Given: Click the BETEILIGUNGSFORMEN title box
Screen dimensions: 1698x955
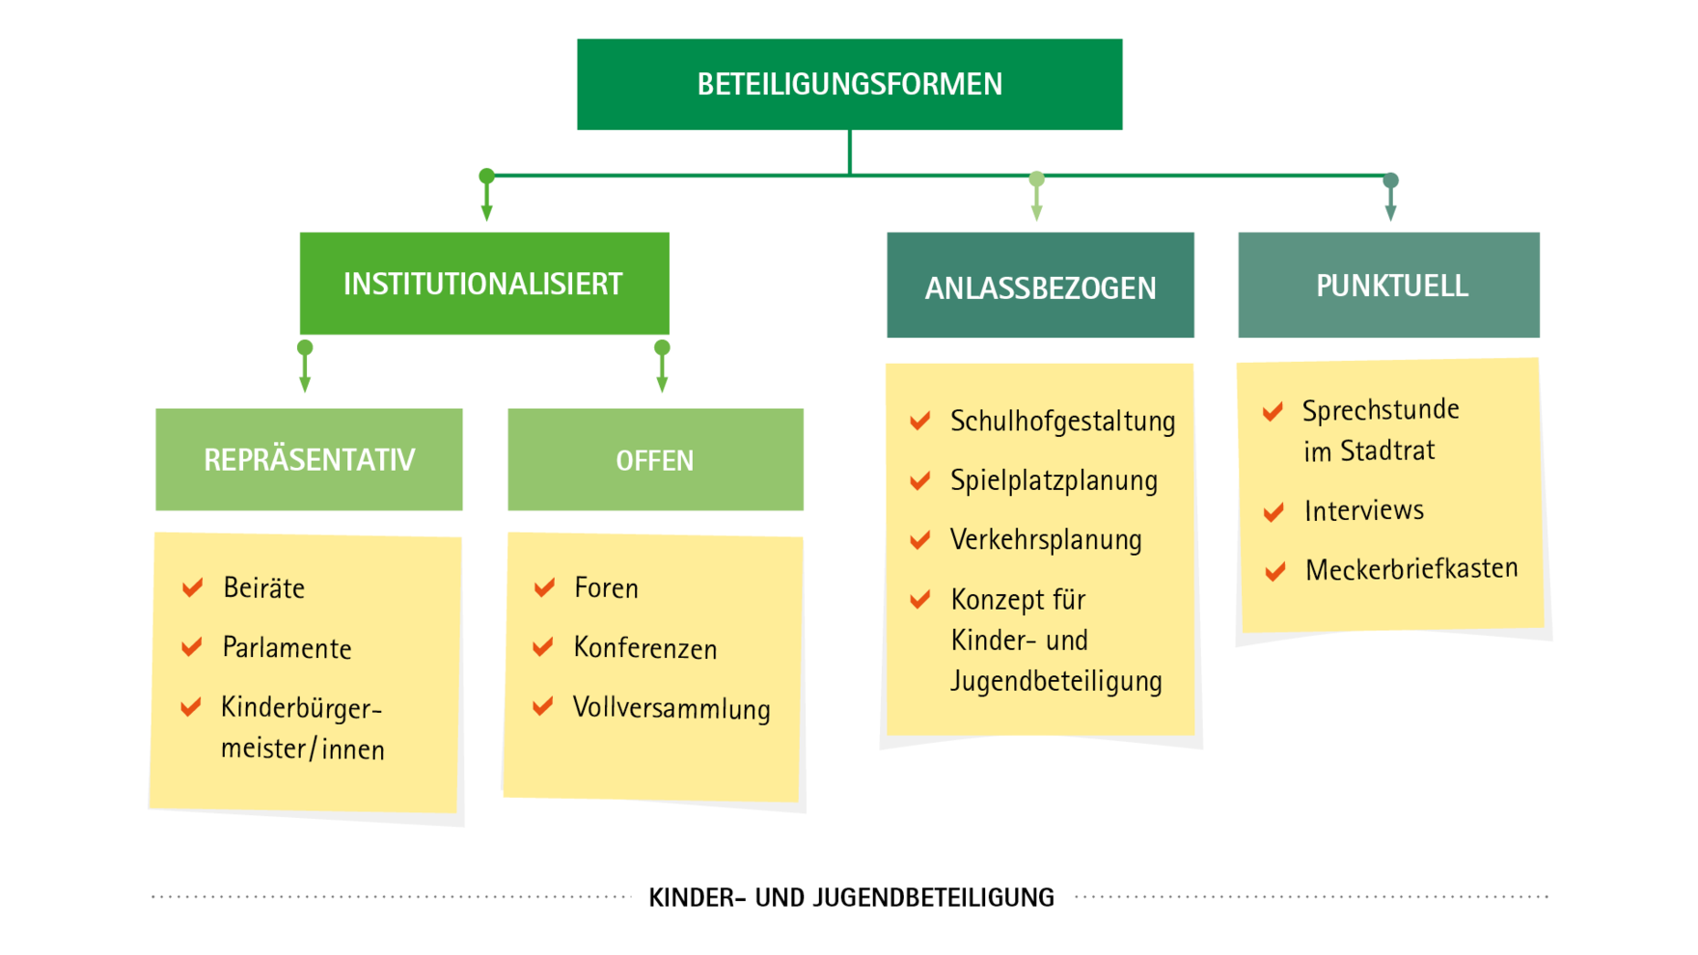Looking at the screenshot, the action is pyautogui.click(x=849, y=84).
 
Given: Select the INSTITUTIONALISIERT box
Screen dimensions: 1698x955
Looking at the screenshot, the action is pyautogui.click(x=484, y=283).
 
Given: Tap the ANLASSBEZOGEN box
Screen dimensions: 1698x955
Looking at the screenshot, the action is pyautogui.click(x=1040, y=285).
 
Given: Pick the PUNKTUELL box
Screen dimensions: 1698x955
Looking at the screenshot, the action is pyautogui.click(x=1388, y=285).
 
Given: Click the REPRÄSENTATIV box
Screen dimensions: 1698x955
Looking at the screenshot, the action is pyautogui.click(x=309, y=459).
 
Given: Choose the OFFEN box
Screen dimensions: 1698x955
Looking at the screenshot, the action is pyautogui.click(x=655, y=459).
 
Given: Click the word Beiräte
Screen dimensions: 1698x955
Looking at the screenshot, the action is pyautogui.click(x=263, y=587).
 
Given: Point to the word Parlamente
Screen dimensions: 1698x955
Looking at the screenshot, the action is pyautogui.click(x=287, y=647).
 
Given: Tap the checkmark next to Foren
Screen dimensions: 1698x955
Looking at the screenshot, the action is pyautogui.click(x=545, y=587).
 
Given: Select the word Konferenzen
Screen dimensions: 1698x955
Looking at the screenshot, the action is pyautogui.click(x=644, y=647).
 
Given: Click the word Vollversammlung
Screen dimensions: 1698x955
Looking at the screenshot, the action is pyautogui.click(x=671, y=708).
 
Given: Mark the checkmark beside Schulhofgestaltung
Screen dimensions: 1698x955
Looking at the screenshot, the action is pyautogui.click(x=920, y=420).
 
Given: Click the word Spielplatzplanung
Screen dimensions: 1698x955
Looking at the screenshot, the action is pyautogui.click(x=1054, y=480).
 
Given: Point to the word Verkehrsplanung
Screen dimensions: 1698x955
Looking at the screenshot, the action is pyautogui.click(x=1046, y=539).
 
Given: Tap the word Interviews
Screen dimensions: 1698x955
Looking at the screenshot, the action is pyautogui.click(x=1363, y=510).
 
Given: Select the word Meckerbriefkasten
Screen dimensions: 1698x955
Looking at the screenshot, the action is pyautogui.click(x=1411, y=569).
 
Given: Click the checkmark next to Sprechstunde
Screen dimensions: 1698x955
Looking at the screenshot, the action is pyautogui.click(x=1273, y=412).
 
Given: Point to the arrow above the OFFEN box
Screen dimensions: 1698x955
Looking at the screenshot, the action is pyautogui.click(x=662, y=366).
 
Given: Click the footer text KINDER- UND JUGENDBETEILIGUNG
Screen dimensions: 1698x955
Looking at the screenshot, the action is pyautogui.click(x=851, y=897).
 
